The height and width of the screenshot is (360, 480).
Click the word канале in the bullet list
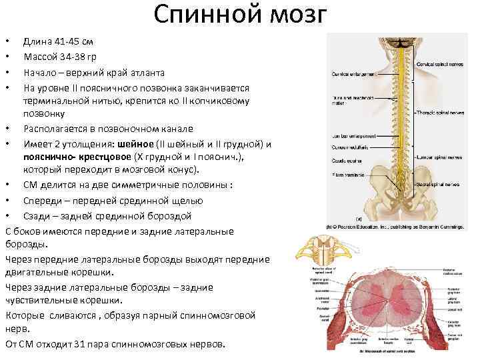click(174, 129)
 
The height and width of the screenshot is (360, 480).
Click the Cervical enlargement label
click(352, 74)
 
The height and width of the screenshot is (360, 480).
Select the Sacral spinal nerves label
click(437, 184)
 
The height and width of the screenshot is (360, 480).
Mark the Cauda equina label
click(346, 161)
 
